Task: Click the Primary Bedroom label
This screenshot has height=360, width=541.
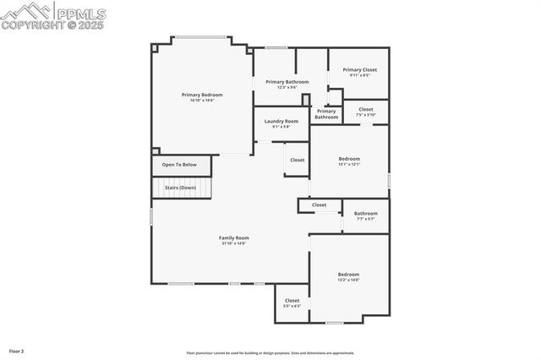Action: (x=202, y=95)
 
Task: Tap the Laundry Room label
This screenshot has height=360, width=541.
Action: (x=281, y=121)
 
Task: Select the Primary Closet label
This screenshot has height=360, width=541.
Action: (x=359, y=69)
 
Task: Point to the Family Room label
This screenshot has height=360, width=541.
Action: (x=234, y=237)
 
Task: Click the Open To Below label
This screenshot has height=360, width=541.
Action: (x=179, y=165)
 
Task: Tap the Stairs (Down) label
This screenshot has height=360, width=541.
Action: (x=180, y=188)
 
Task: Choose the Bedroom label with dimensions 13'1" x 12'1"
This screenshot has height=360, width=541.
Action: (x=349, y=158)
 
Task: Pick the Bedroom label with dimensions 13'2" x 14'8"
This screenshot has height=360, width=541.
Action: (x=349, y=274)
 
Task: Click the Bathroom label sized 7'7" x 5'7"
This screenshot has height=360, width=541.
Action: (x=366, y=213)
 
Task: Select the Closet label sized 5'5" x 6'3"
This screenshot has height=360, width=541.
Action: (x=292, y=300)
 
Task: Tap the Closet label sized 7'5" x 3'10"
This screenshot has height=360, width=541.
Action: (x=366, y=109)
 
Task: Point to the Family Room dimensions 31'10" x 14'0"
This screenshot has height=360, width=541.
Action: (x=234, y=243)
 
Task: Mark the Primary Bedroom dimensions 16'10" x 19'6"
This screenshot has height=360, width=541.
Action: (x=202, y=101)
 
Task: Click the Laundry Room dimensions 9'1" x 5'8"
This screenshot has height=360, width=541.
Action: (x=281, y=127)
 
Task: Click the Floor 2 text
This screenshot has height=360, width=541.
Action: (x=17, y=350)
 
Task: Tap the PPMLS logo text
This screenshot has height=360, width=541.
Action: (x=81, y=12)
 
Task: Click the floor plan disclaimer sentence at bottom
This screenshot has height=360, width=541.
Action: (x=270, y=353)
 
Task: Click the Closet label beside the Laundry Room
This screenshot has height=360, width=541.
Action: (x=298, y=160)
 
